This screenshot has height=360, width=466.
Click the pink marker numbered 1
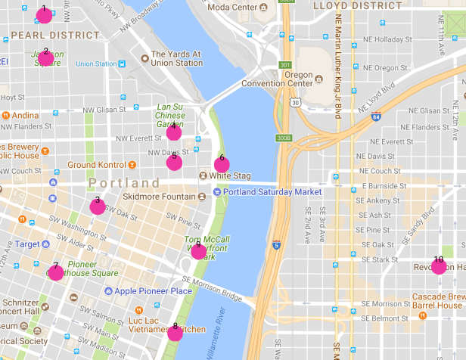(44, 15)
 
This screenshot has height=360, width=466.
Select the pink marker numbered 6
(222, 164)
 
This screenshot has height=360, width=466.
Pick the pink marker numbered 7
(55, 272)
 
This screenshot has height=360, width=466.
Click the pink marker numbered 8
(175, 332)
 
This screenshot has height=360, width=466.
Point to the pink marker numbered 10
(438, 265)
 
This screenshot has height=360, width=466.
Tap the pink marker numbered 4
(174, 132)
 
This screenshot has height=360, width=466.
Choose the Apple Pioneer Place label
(153, 291)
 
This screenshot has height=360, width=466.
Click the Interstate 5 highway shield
(275, 244)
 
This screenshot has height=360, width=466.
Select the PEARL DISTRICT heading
(54, 35)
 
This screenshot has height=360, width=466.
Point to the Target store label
(27, 244)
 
